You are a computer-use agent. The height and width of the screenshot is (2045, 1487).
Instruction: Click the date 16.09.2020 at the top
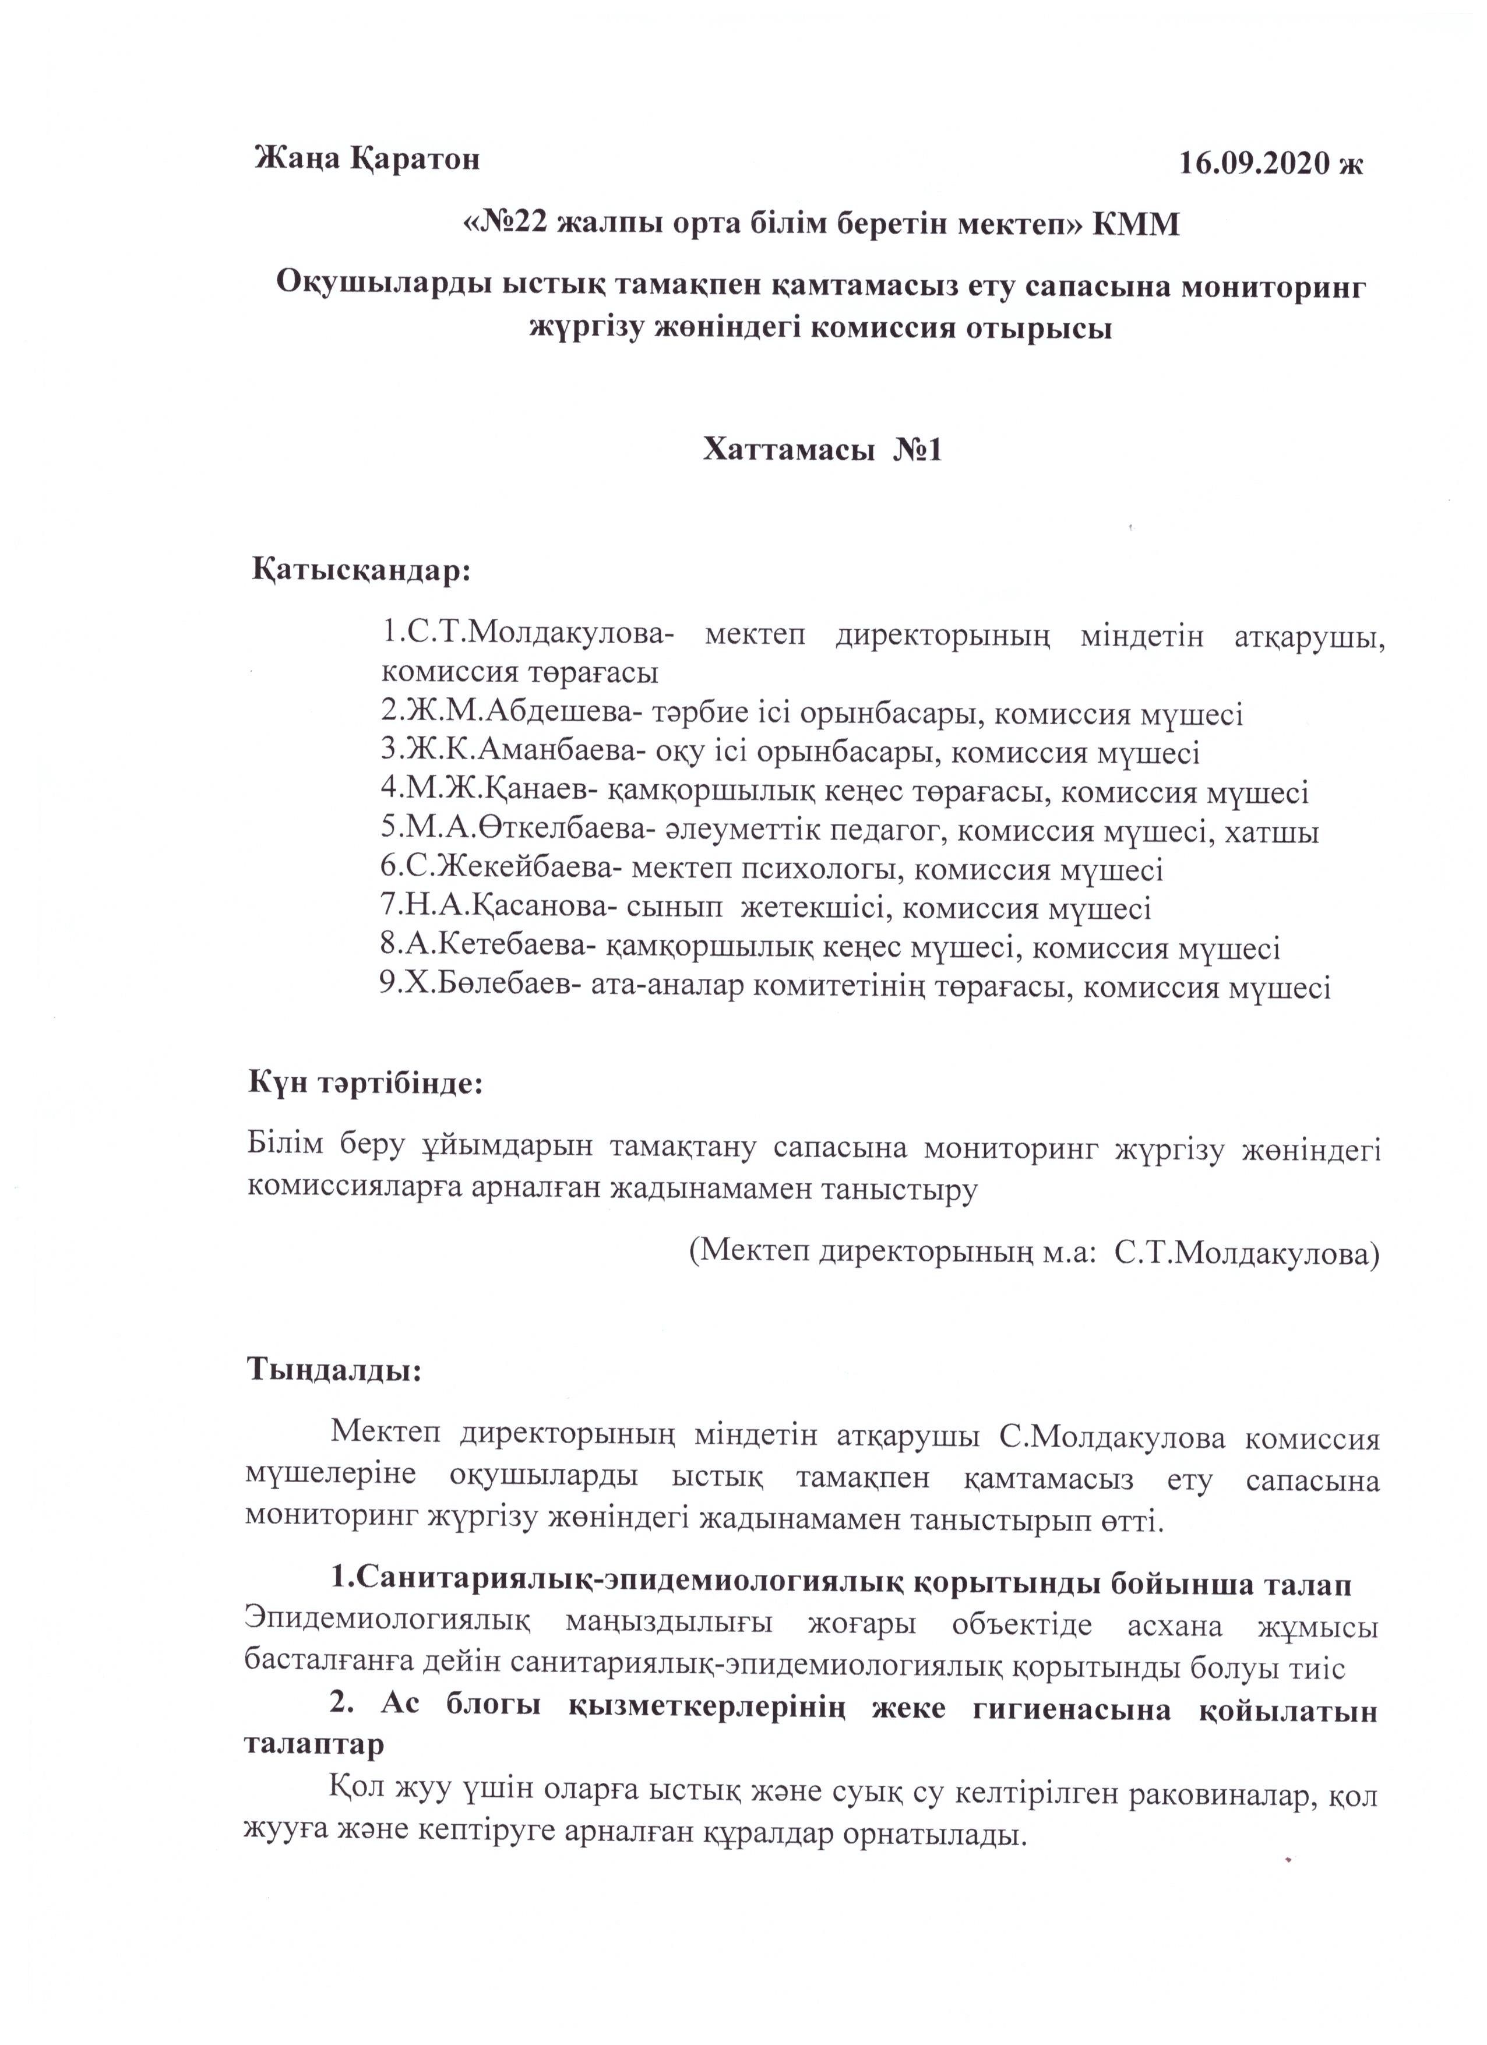[1259, 163]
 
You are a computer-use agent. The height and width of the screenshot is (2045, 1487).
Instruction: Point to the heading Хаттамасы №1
[822, 449]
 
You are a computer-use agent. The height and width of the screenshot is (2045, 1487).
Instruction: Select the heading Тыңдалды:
[334, 1396]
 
